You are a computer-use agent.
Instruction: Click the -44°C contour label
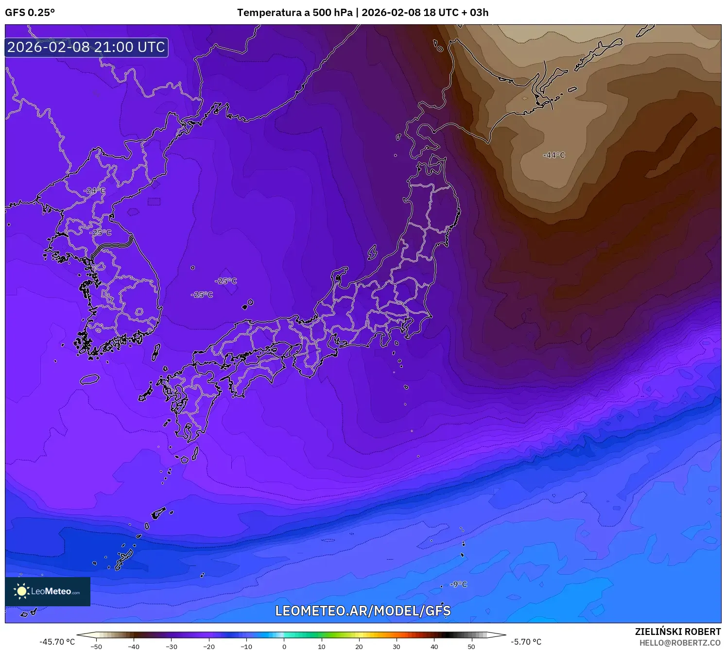pos(554,155)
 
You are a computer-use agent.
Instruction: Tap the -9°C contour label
pos(458,584)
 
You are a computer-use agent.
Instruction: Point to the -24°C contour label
pos(94,190)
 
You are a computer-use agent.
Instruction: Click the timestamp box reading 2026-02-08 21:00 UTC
pos(86,47)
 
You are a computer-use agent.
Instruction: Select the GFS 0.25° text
pos(30,13)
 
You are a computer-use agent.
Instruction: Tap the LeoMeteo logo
pos(48,591)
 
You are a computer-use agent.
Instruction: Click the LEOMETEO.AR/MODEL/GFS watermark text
pos(363,611)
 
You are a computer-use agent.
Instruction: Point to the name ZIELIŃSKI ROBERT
pos(677,632)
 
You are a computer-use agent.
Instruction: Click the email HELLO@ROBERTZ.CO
pos(679,643)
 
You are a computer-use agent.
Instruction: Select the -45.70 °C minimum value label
pos(57,642)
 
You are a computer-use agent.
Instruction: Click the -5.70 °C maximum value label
pos(526,642)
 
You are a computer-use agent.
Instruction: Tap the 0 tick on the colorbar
pos(284,647)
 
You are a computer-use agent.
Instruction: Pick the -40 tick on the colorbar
pos(134,647)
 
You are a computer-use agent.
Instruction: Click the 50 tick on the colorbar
pos(471,647)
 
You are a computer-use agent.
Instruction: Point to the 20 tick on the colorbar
pos(359,647)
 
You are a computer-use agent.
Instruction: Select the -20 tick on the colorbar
pos(209,647)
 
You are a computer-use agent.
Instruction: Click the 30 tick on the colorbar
pos(397,647)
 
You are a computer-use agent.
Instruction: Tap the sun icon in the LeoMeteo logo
pos(21,591)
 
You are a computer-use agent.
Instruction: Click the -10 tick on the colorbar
pos(246,647)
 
